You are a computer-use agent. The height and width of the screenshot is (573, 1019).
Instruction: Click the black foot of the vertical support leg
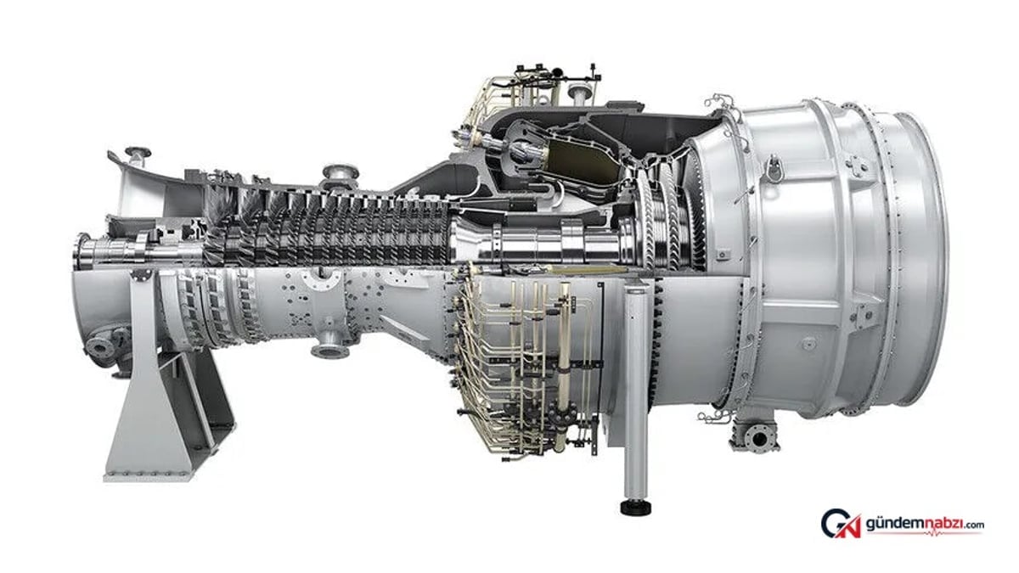tap(635, 508)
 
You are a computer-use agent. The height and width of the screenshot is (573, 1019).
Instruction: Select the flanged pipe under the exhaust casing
tap(756, 437)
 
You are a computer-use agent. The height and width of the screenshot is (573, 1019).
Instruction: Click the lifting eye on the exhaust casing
tap(773, 167)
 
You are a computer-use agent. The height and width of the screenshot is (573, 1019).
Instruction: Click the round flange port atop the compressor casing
tap(341, 174)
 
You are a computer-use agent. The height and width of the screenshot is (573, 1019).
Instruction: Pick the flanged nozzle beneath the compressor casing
tap(330, 345)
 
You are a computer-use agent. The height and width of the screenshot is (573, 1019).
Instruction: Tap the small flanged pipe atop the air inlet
tap(138, 156)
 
